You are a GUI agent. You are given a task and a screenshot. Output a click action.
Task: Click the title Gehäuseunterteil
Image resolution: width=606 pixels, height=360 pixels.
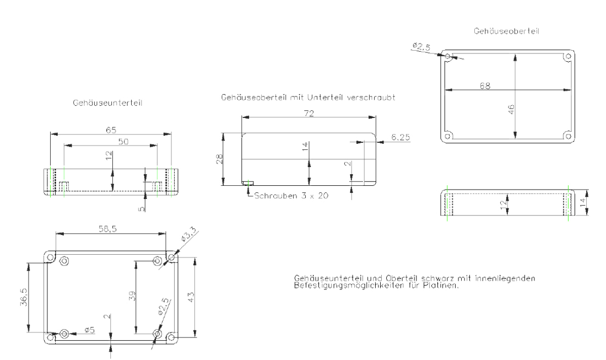[x=107, y=103]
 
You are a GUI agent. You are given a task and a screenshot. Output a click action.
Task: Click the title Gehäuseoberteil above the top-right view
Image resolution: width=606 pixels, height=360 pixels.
[x=506, y=31]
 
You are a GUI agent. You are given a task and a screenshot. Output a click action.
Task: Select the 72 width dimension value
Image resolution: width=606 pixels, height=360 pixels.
[x=309, y=114]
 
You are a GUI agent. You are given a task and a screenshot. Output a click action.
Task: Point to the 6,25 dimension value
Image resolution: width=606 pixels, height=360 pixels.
[x=401, y=137]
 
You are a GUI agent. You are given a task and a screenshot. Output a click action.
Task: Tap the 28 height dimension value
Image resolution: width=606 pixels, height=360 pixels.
[x=219, y=159]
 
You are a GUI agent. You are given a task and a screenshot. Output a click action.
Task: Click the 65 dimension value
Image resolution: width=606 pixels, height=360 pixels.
[x=111, y=130]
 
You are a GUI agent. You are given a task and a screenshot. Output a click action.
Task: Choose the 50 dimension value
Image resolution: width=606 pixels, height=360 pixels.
[x=123, y=142]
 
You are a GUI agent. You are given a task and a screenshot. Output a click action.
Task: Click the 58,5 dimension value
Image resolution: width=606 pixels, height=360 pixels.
[x=107, y=229]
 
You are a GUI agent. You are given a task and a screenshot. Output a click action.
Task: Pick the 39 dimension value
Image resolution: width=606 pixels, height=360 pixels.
[x=132, y=296]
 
